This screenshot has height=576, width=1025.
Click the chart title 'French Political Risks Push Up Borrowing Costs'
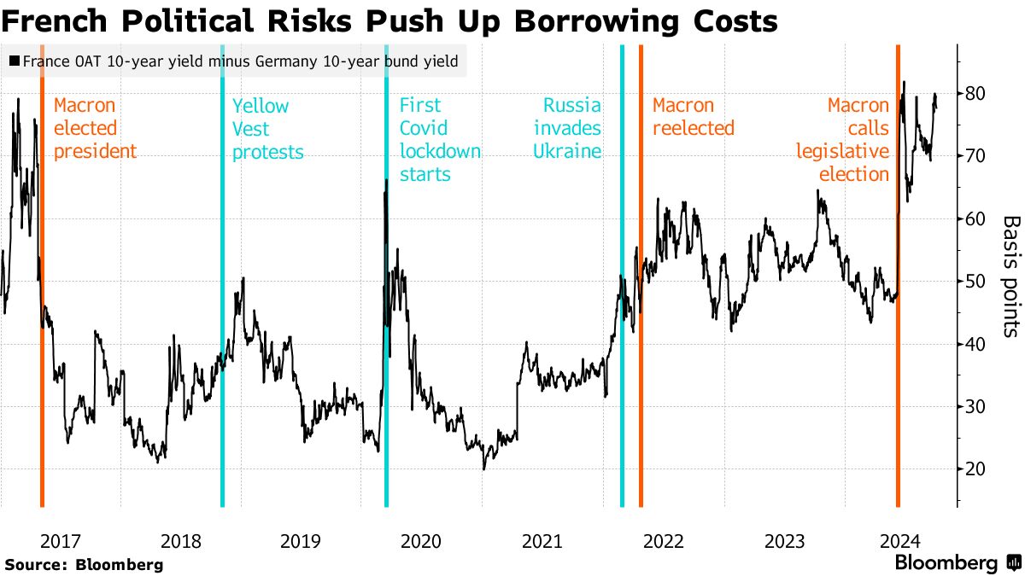(x=389, y=20)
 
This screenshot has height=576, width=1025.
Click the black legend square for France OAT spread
(x=14, y=61)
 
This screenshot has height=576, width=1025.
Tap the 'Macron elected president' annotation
(x=94, y=129)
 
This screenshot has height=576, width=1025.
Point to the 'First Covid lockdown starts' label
(x=439, y=140)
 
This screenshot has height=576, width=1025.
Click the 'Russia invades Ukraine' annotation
(x=567, y=129)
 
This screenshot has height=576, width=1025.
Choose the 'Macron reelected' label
(x=693, y=117)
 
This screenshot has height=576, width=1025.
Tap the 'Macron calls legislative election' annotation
(x=843, y=140)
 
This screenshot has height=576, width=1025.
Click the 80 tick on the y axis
(x=976, y=93)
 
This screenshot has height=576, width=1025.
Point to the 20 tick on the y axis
(x=976, y=469)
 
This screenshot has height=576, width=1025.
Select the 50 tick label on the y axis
(x=976, y=282)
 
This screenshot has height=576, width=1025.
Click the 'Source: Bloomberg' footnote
(x=83, y=564)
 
